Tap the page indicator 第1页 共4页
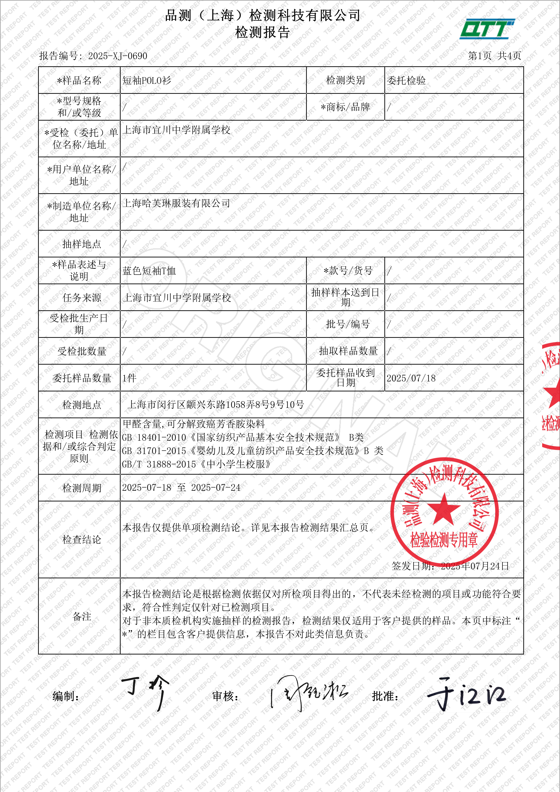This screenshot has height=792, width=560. point(494,56)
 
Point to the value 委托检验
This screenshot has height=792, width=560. point(406,80)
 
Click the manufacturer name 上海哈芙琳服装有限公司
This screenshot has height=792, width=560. point(176,203)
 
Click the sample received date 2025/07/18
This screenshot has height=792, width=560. point(411,378)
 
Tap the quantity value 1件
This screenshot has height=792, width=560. point(129,378)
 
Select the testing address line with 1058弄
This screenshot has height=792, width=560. point(215,405)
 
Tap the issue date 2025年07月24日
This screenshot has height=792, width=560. point(475,566)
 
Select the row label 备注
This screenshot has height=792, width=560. point(82,616)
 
